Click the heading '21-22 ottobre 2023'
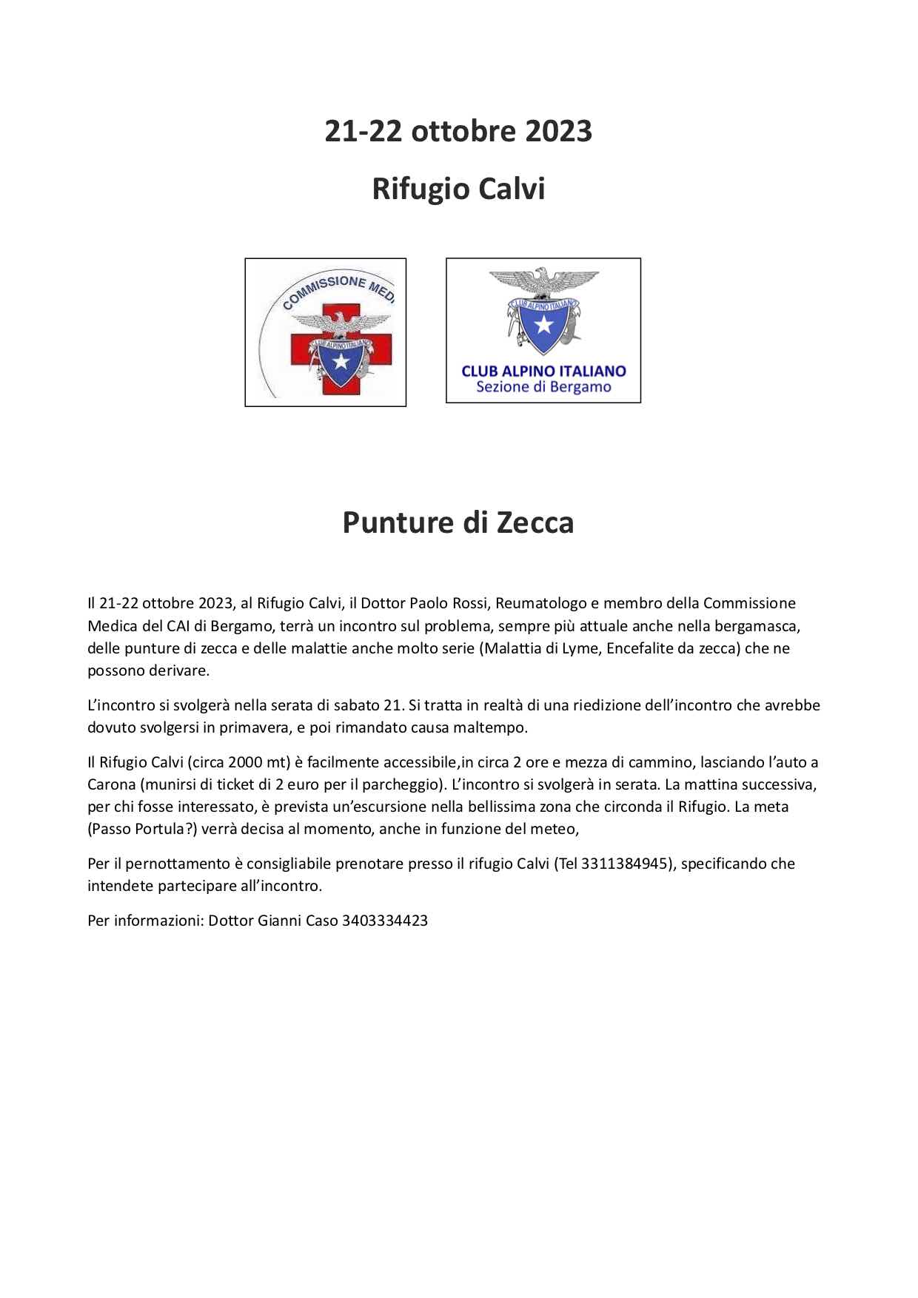(x=458, y=132)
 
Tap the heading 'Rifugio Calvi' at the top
(x=458, y=189)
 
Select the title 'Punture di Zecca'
(x=458, y=522)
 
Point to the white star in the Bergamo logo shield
(x=543, y=323)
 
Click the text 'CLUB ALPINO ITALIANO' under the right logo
(x=543, y=371)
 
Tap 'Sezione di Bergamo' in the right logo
(x=543, y=387)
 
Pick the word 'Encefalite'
(x=635, y=648)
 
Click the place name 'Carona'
(x=111, y=784)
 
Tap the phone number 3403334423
(x=386, y=921)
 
